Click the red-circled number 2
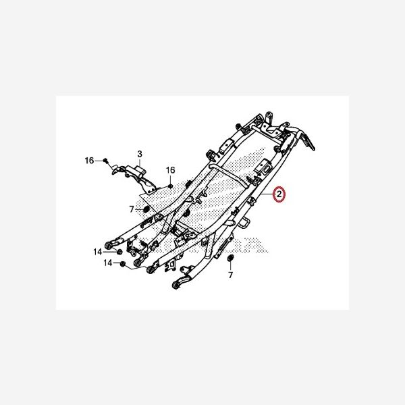(279, 194)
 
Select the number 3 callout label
(140, 154)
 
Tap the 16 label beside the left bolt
(89, 161)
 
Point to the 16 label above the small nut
(171, 170)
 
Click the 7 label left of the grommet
(132, 209)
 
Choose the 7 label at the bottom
(230, 275)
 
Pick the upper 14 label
(98, 252)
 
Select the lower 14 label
(108, 263)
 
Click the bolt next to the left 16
(105, 161)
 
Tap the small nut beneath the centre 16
(170, 186)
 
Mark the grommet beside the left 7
(146, 209)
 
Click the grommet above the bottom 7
(230, 258)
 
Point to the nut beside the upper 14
(119, 252)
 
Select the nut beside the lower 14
(123, 264)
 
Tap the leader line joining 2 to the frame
(267, 194)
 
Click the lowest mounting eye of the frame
(176, 286)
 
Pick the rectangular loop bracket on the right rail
(244, 223)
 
